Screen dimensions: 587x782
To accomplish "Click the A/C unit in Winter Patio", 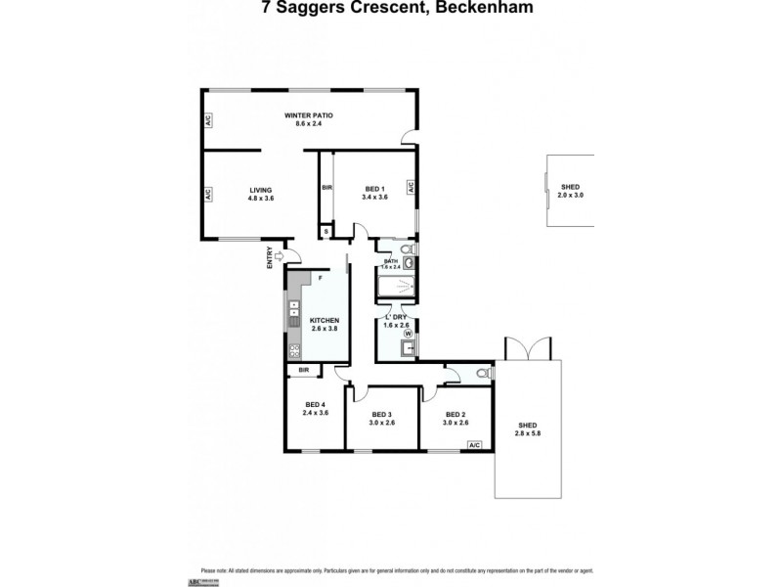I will (x=208, y=121).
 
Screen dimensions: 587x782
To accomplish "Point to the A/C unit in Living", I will (x=208, y=195).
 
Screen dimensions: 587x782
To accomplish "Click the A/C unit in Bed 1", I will (x=412, y=187).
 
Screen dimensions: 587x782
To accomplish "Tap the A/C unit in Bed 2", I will (x=475, y=445).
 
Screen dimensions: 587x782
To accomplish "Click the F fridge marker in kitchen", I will (x=319, y=278).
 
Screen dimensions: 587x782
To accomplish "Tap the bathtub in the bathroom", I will (x=397, y=287).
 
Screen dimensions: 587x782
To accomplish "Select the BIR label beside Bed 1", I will (x=327, y=188).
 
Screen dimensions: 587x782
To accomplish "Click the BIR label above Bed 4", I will (x=304, y=370).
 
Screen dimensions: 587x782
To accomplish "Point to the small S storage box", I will (x=326, y=232).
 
